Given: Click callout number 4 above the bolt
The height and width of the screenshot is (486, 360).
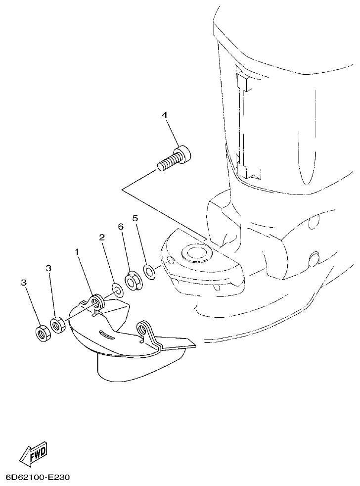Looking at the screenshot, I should [x=165, y=115].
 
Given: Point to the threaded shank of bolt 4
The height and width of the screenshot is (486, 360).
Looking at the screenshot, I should [x=167, y=163].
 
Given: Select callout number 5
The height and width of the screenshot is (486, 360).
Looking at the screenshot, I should [x=135, y=218].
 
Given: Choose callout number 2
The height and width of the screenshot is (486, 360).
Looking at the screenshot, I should [x=102, y=238].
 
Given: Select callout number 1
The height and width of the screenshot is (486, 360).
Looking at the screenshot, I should [x=77, y=252].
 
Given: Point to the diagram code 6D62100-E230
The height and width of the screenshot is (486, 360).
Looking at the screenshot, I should [x=38, y=478].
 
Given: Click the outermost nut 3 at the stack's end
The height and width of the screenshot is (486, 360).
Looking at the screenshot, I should [x=42, y=333].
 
